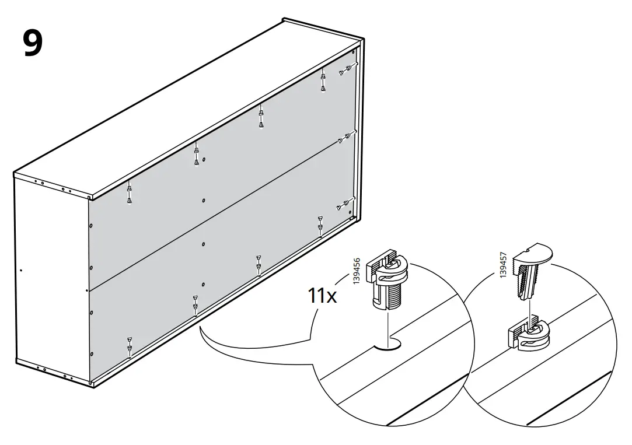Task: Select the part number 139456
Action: pos(357,272)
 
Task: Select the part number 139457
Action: pos(504,265)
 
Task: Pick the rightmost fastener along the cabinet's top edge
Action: pos(322,80)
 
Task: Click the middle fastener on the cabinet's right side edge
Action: pos(344,139)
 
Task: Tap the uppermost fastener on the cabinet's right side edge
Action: pos(344,70)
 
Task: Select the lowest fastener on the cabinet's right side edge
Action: pos(343,205)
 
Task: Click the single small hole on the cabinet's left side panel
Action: pos(21,271)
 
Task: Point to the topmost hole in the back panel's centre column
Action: pos(204,159)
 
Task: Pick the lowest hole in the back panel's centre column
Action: pos(202,285)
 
